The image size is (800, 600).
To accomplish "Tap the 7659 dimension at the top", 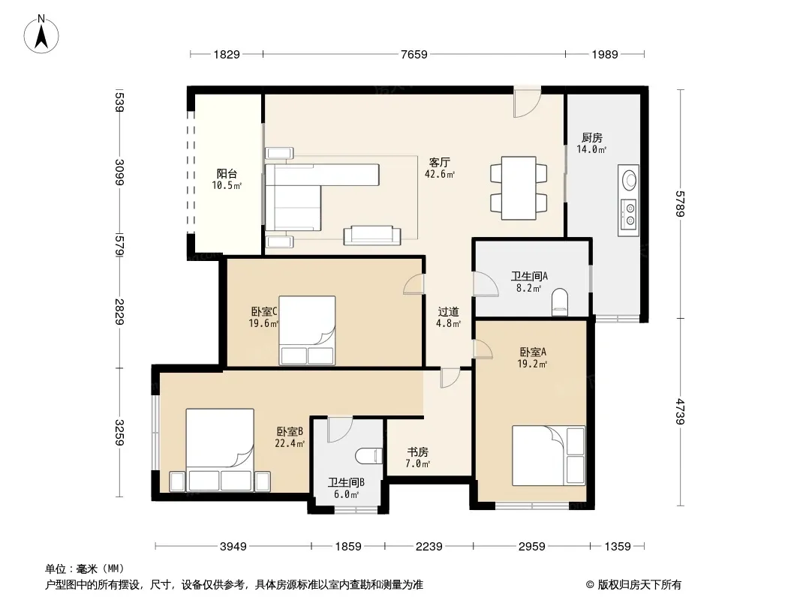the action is (x=414, y=54).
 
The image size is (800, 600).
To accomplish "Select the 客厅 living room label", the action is (x=439, y=163).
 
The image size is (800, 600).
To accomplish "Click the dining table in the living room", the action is (x=519, y=188).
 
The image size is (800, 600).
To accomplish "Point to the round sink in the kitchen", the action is (x=630, y=180).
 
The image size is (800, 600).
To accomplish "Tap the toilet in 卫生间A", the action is (x=560, y=301).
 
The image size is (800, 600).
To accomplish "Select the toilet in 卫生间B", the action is (x=368, y=456).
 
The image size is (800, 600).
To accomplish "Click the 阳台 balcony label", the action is (x=227, y=174).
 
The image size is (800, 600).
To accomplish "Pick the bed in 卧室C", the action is (x=307, y=330).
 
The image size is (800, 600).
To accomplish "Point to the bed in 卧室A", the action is (x=549, y=455).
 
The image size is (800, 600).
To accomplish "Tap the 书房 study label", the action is (x=417, y=452).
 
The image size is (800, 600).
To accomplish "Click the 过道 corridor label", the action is (x=449, y=311).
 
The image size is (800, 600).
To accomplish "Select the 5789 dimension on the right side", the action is (x=680, y=203).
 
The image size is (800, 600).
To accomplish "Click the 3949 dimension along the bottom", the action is (x=233, y=547).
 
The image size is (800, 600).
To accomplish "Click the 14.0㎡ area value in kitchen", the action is (x=591, y=149).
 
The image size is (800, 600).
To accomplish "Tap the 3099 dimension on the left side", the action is (x=119, y=172).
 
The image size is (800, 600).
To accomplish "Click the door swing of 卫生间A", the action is (x=486, y=283).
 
